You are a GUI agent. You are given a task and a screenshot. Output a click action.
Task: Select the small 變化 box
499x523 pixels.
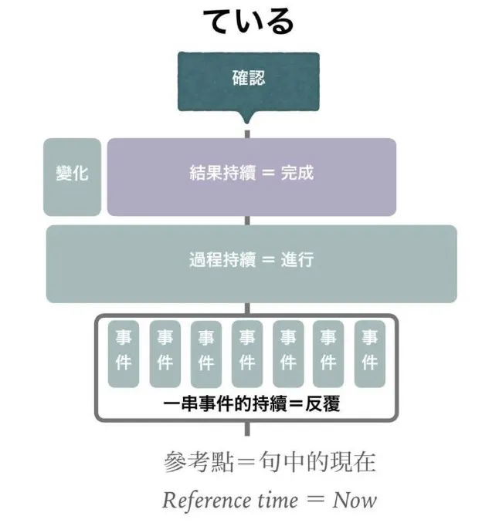[72, 176]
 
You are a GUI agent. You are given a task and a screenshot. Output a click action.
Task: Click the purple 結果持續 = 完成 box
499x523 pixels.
[251, 176]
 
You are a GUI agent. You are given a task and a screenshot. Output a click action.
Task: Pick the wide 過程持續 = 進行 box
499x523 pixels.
[251, 262]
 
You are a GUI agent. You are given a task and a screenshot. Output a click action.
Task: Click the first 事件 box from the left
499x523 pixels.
[124, 352]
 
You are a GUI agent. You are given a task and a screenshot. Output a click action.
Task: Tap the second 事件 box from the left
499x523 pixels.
[165, 352]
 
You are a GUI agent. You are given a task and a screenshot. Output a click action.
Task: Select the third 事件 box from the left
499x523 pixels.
[205, 352]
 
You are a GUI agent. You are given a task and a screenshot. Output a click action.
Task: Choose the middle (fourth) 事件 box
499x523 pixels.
[246, 352]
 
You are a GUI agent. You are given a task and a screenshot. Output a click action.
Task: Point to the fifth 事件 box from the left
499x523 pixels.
[288, 352]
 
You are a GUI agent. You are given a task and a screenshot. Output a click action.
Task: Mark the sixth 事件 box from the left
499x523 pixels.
[329, 352]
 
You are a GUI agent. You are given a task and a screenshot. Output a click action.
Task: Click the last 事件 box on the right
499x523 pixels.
[370, 352]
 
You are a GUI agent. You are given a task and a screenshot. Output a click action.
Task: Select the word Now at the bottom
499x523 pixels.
[355, 500]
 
